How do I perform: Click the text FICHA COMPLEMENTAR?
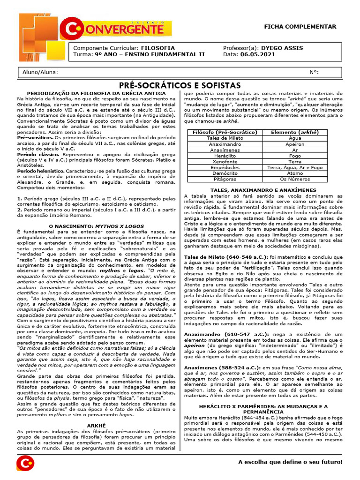point(307,27)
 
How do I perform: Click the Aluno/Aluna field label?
point(40,73)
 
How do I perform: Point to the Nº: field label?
point(315,73)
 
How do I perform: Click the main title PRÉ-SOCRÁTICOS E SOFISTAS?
point(180,85)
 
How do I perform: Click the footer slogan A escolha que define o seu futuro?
point(290,463)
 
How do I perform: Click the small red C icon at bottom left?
point(25,463)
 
